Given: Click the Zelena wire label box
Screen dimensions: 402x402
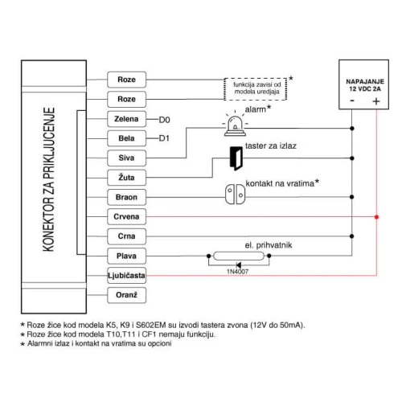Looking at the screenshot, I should (x=126, y=119).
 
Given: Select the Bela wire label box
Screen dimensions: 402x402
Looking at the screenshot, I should (x=126, y=138).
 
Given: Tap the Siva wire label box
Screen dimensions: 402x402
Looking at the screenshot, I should (x=126, y=158).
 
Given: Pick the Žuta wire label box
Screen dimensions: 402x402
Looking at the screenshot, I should (x=126, y=178).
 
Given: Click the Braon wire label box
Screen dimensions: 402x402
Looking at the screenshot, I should (x=126, y=197).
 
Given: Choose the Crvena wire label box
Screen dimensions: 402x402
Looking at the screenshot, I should (x=126, y=217).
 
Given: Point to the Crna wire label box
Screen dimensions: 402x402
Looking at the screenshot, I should (x=126, y=236).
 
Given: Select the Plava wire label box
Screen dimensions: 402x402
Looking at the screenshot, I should (x=126, y=256).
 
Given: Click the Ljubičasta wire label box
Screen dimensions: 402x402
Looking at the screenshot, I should (x=126, y=276).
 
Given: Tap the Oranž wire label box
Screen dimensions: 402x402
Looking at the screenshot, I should (x=126, y=295).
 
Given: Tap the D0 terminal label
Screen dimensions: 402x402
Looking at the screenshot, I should (x=164, y=120).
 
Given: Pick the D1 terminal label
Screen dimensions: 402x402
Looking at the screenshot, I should (x=164, y=139).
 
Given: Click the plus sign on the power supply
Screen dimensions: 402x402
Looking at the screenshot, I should (x=375, y=101).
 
